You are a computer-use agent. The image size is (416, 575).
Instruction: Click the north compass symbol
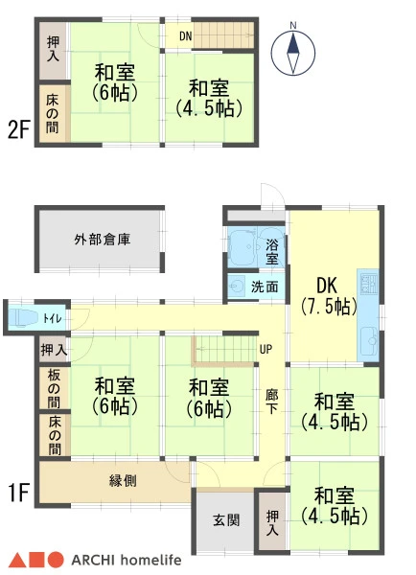pyautogui.click(x=292, y=53)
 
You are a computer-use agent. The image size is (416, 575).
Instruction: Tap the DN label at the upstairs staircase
pyautogui.click(x=186, y=36)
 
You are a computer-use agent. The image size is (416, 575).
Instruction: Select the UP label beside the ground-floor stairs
pyautogui.click(x=266, y=349)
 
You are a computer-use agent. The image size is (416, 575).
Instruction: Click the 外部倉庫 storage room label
pyautogui.click(x=103, y=240)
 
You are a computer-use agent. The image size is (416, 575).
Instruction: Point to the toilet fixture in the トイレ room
pyautogui.click(x=23, y=317)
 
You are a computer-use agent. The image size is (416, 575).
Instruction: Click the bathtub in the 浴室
pyautogui.click(x=243, y=247)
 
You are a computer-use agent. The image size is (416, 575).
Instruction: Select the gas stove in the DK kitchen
pyautogui.click(x=369, y=283)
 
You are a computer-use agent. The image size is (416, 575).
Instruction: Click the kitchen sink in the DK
pyautogui.click(x=369, y=341)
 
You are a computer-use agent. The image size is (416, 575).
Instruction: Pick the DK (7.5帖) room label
pyautogui.click(x=329, y=296)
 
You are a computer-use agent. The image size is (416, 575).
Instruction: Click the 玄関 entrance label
pyautogui.click(x=226, y=519)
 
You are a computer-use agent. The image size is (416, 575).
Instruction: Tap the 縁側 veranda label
pyautogui.click(x=124, y=480)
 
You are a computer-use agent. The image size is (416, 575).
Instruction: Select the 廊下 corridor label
pyautogui.click(x=272, y=402)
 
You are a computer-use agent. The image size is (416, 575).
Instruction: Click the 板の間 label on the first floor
pyautogui.click(x=54, y=388)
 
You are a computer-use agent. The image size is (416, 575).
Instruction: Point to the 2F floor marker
pyautogui.click(x=18, y=129)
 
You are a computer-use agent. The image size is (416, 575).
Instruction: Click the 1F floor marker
pyautogui.click(x=18, y=493)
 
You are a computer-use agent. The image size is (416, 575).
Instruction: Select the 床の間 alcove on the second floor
pyautogui.click(x=54, y=113)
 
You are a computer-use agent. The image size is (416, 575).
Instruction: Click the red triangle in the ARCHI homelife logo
pyautogui.click(x=16, y=561)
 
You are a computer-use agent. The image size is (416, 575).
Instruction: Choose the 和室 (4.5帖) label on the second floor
pyautogui.click(x=210, y=98)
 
